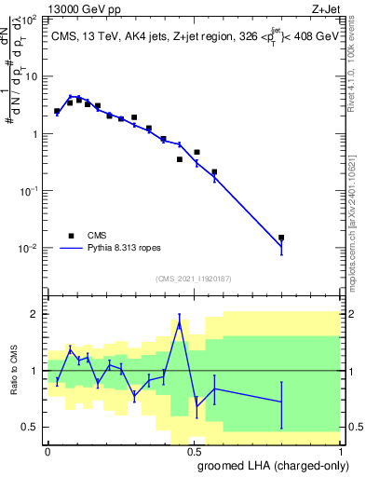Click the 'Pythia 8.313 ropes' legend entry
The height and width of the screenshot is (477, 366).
point(118,249)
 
